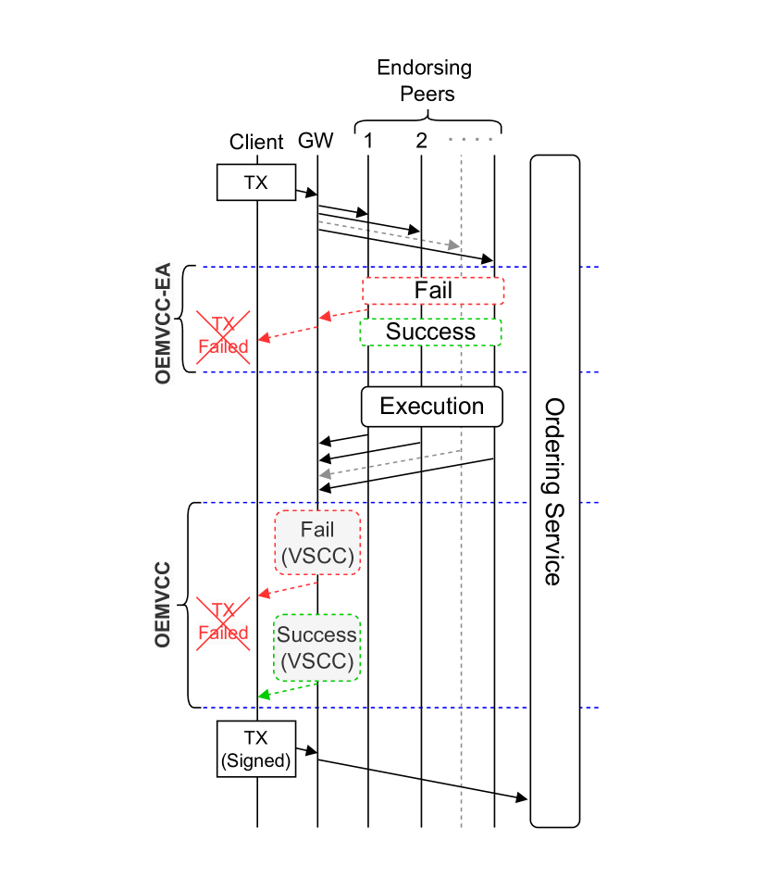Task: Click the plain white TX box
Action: pos(256,182)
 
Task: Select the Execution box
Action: pos(431,407)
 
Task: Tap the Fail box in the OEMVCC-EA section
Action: pos(433,291)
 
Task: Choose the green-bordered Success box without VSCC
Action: pos(430,332)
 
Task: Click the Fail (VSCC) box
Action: pos(317,543)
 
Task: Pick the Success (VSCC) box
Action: pos(317,647)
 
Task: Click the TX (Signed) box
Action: pos(256,749)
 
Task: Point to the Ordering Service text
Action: pos(553,491)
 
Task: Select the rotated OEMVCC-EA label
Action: pos(165,323)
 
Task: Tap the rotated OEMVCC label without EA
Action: pos(164,605)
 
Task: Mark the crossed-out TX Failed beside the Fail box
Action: pos(223,337)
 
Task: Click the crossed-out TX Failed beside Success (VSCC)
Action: pos(223,623)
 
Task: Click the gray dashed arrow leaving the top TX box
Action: pos(389,233)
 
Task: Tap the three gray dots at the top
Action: pos(470,139)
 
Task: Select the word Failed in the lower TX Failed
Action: pos(223,634)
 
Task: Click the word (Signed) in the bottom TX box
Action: pos(256,761)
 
